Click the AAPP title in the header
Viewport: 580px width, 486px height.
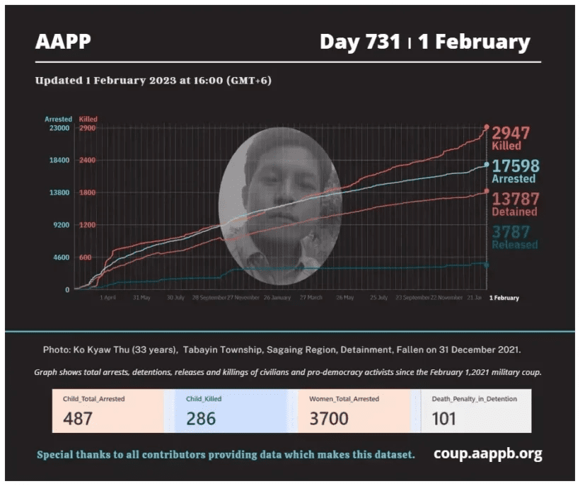[x=63, y=42]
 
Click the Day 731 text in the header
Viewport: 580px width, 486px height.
[x=360, y=42]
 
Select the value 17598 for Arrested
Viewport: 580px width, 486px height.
[x=516, y=166]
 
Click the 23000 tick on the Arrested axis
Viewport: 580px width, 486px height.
[x=58, y=129]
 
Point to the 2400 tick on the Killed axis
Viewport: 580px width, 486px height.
[x=86, y=161]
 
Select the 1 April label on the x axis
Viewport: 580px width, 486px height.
[x=107, y=298]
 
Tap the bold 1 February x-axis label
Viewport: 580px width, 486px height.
[x=504, y=298]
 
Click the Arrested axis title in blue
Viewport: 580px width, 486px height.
[x=58, y=119]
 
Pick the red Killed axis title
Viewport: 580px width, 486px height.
[x=88, y=119]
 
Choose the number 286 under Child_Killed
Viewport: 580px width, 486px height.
[x=201, y=418]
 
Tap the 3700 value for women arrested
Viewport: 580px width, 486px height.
[x=329, y=418]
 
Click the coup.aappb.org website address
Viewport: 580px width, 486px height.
[x=487, y=453]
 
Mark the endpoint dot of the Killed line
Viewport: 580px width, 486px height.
[x=486, y=127]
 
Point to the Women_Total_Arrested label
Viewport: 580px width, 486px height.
[x=344, y=399]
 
